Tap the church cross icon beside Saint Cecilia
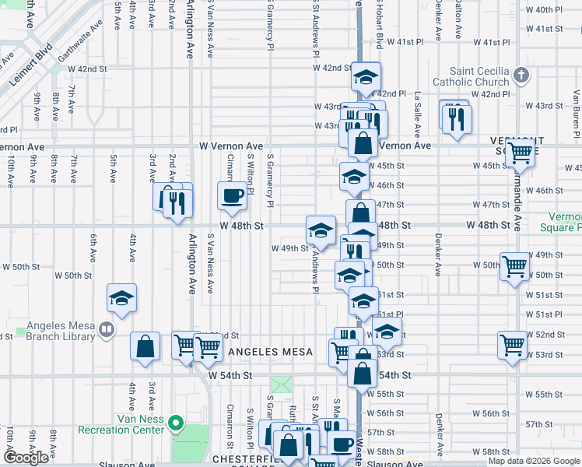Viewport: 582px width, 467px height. [521, 76]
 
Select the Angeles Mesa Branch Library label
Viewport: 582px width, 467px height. [61, 331]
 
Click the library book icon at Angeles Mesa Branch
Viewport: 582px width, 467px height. [107, 331]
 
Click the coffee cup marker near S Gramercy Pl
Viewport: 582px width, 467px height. [232, 195]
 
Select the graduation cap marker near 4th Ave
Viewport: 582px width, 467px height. [121, 299]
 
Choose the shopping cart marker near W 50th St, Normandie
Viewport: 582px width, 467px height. [515, 268]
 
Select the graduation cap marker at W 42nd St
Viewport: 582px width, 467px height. [366, 78]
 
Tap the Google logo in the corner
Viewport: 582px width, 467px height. [26, 458]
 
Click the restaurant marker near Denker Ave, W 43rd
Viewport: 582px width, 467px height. [456, 118]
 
